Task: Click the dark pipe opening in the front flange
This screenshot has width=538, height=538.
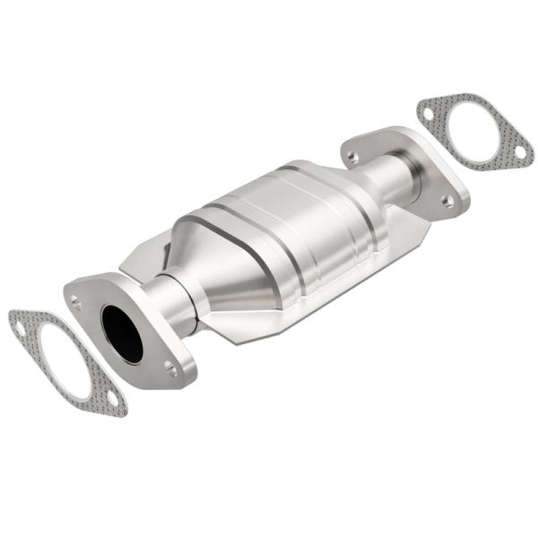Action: pyautogui.click(x=122, y=333)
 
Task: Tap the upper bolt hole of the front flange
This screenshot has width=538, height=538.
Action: pyautogui.click(x=78, y=303)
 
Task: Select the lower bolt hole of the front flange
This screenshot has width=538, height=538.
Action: pyautogui.click(x=169, y=366)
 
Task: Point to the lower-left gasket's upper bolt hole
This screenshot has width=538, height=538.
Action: pyautogui.click(x=20, y=328)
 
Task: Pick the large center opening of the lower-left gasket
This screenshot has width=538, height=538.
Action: pyautogui.click(x=63, y=360)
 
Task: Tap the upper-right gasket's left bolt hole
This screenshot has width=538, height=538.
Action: pyautogui.click(x=429, y=115)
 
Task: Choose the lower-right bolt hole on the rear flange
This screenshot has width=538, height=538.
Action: pyautogui.click(x=446, y=200)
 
